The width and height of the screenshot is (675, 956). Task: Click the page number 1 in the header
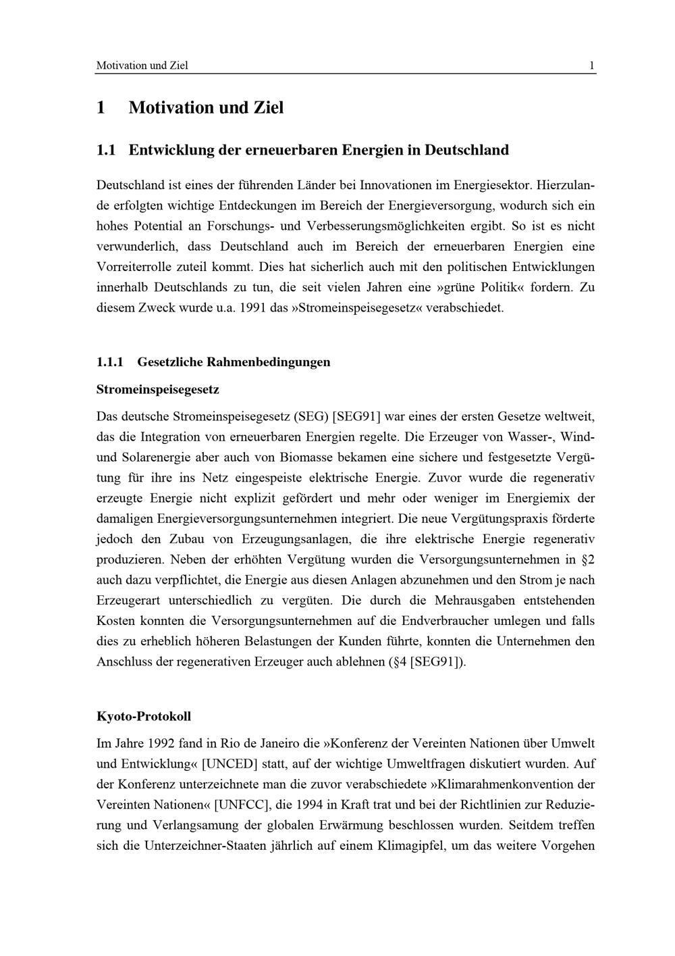[591, 66]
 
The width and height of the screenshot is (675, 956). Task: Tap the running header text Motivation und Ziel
[142, 66]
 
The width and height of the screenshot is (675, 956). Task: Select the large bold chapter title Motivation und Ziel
[206, 107]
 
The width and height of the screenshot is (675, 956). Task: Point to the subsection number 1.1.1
[110, 362]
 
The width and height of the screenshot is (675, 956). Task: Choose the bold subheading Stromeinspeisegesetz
[158, 390]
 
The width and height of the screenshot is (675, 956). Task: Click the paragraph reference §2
[587, 559]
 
